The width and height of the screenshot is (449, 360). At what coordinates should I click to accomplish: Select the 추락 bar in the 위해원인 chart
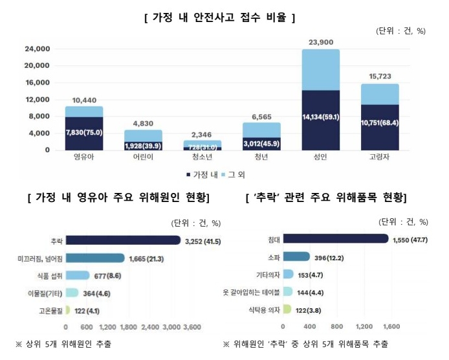tap(123, 241)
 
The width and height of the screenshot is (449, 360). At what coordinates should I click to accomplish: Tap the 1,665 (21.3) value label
tap(147, 258)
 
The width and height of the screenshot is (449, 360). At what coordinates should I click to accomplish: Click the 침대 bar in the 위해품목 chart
tap(336, 240)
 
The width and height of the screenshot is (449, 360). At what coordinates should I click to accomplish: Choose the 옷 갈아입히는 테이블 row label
tap(250, 293)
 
